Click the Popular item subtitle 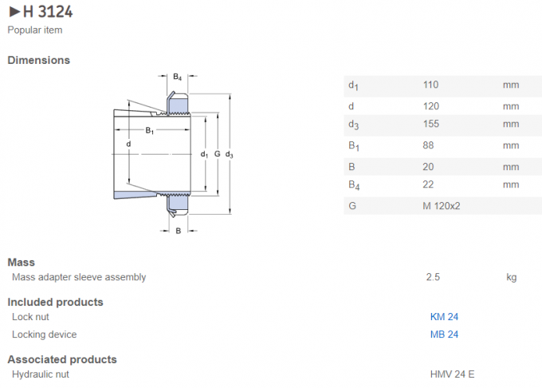35,30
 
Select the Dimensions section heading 39,60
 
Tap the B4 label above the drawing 177,77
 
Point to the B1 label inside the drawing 149,130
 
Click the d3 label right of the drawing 229,153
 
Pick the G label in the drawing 216,153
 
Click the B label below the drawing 178,231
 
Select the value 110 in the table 430,85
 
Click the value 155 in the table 430,124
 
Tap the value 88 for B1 428,145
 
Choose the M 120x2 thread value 442,206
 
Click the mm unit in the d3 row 511,124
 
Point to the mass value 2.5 434,277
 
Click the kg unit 512,277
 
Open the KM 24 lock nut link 444,316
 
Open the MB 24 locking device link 444,335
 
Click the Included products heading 56,302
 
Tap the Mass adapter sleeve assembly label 79,277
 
